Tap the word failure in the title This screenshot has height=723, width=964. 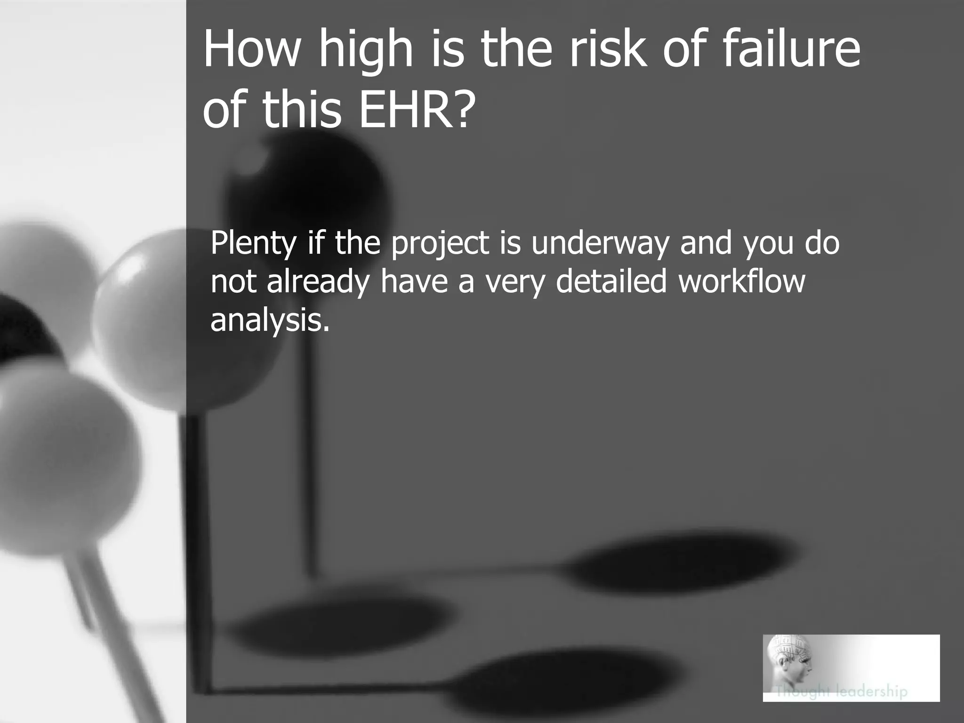(x=791, y=48)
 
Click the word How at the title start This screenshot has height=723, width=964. (x=251, y=48)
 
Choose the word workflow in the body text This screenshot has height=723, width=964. (x=742, y=281)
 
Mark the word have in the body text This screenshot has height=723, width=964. (x=414, y=281)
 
